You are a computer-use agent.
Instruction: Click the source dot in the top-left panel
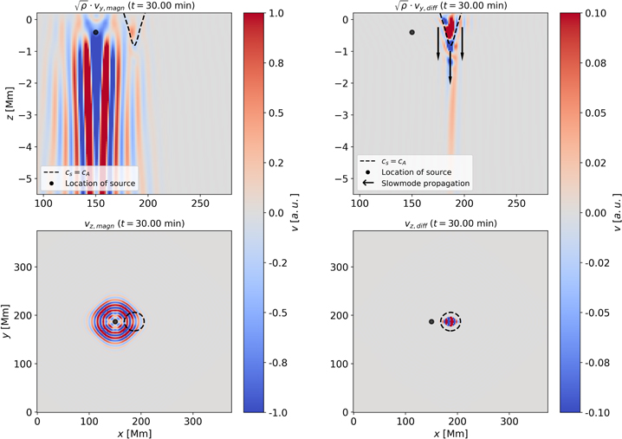(x=96, y=32)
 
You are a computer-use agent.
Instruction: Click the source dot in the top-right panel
(x=412, y=32)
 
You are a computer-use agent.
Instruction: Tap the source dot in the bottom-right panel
(x=431, y=321)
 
